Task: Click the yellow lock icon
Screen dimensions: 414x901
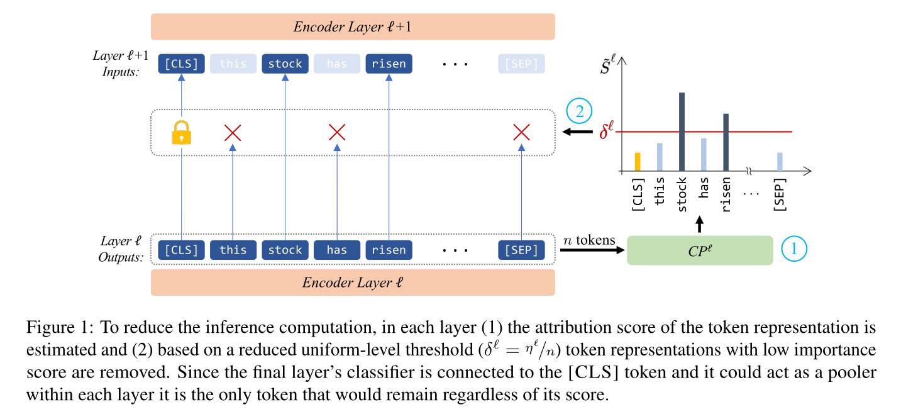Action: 181,132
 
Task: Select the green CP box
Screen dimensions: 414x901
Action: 700,250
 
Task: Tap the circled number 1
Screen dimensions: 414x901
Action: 793,249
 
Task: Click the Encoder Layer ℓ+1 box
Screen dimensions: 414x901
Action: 353,27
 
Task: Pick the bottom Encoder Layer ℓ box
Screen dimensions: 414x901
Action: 353,283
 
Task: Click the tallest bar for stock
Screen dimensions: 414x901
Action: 682,131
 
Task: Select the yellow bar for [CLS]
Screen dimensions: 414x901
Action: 637,162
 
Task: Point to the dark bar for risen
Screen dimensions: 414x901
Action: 726,142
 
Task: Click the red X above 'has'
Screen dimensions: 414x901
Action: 337,132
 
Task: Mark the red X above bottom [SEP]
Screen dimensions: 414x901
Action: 521,132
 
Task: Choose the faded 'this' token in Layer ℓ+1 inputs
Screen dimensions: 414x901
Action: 233,64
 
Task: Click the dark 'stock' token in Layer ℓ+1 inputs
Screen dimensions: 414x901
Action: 285,64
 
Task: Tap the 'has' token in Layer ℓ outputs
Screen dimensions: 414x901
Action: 337,250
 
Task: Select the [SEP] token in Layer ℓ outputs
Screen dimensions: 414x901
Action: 521,250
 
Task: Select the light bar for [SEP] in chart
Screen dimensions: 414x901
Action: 780,162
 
